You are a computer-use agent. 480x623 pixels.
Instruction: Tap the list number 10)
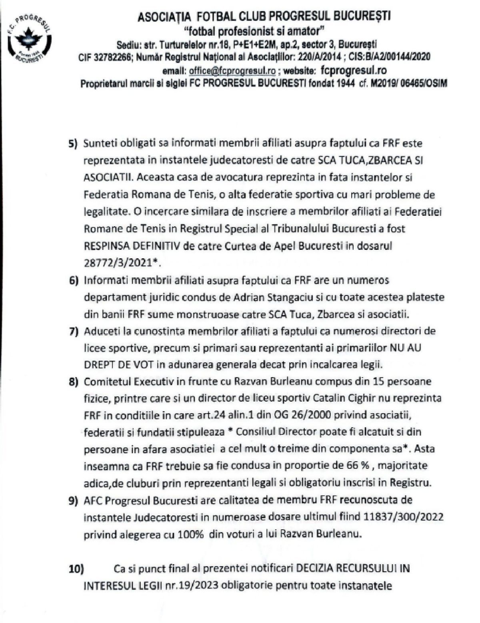tap(75, 568)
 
